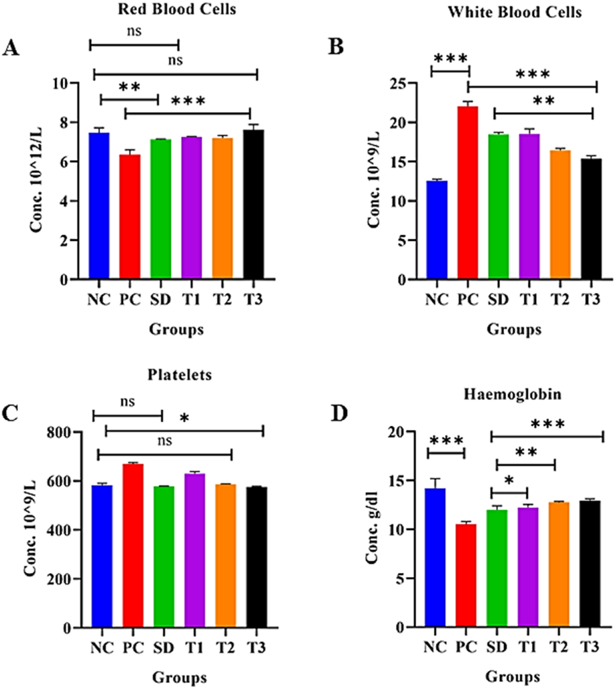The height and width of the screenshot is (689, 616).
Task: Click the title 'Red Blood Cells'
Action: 139,9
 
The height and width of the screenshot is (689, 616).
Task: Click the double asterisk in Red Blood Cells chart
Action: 129,88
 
